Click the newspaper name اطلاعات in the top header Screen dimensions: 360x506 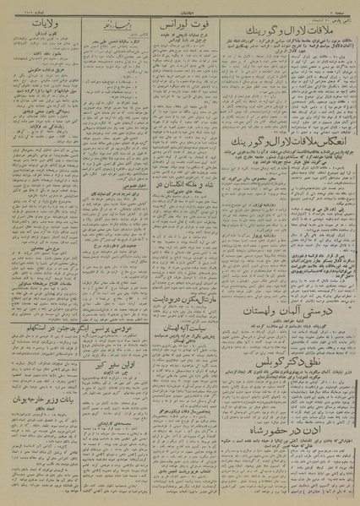coord(180,6)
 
